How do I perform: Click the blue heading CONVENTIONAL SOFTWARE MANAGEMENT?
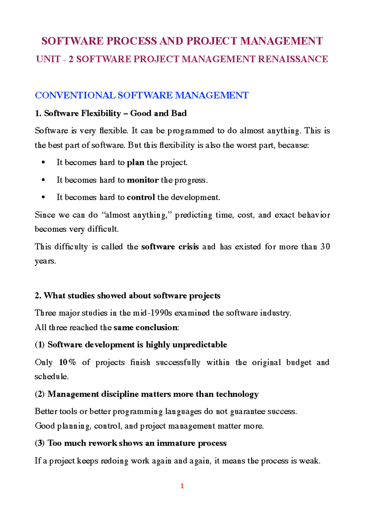click(141, 95)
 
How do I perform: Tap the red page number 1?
click(182, 486)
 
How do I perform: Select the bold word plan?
click(135, 162)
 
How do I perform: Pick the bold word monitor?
click(143, 180)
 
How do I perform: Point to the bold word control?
click(141, 197)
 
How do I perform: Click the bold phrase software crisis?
click(170, 247)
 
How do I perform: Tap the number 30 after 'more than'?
click(325, 247)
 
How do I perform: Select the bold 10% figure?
click(67, 362)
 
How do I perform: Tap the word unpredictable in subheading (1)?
click(200, 345)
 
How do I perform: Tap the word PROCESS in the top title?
click(132, 41)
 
